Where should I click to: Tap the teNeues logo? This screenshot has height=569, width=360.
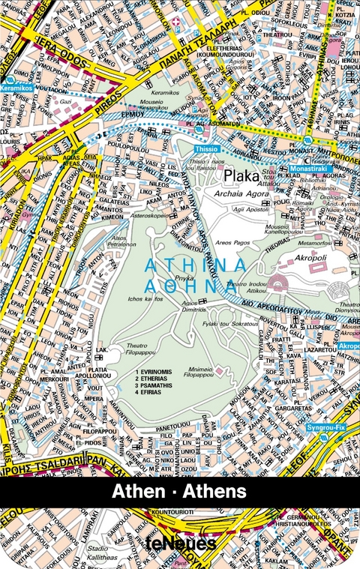pos(180,544)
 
